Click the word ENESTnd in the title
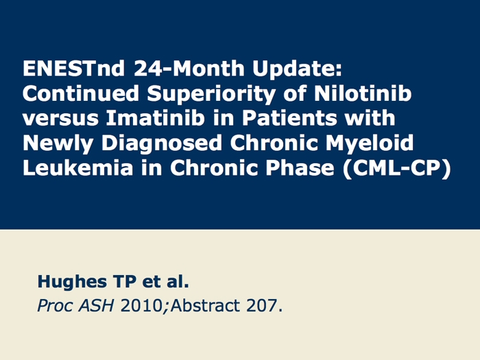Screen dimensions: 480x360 (x=73, y=68)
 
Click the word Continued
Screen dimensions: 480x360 (x=81, y=93)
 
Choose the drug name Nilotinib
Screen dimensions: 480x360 (x=363, y=93)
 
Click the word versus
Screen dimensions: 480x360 (x=60, y=119)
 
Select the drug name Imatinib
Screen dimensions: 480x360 (x=155, y=118)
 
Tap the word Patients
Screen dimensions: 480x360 (x=289, y=118)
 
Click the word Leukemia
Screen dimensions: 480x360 (x=78, y=168)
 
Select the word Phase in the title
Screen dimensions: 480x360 (x=300, y=168)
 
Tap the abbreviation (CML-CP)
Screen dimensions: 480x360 (x=397, y=169)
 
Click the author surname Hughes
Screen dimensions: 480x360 (x=72, y=283)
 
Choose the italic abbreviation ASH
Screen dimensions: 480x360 (x=97, y=306)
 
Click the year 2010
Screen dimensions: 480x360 (x=142, y=306)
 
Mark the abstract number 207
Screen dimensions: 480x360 (x=265, y=306)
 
